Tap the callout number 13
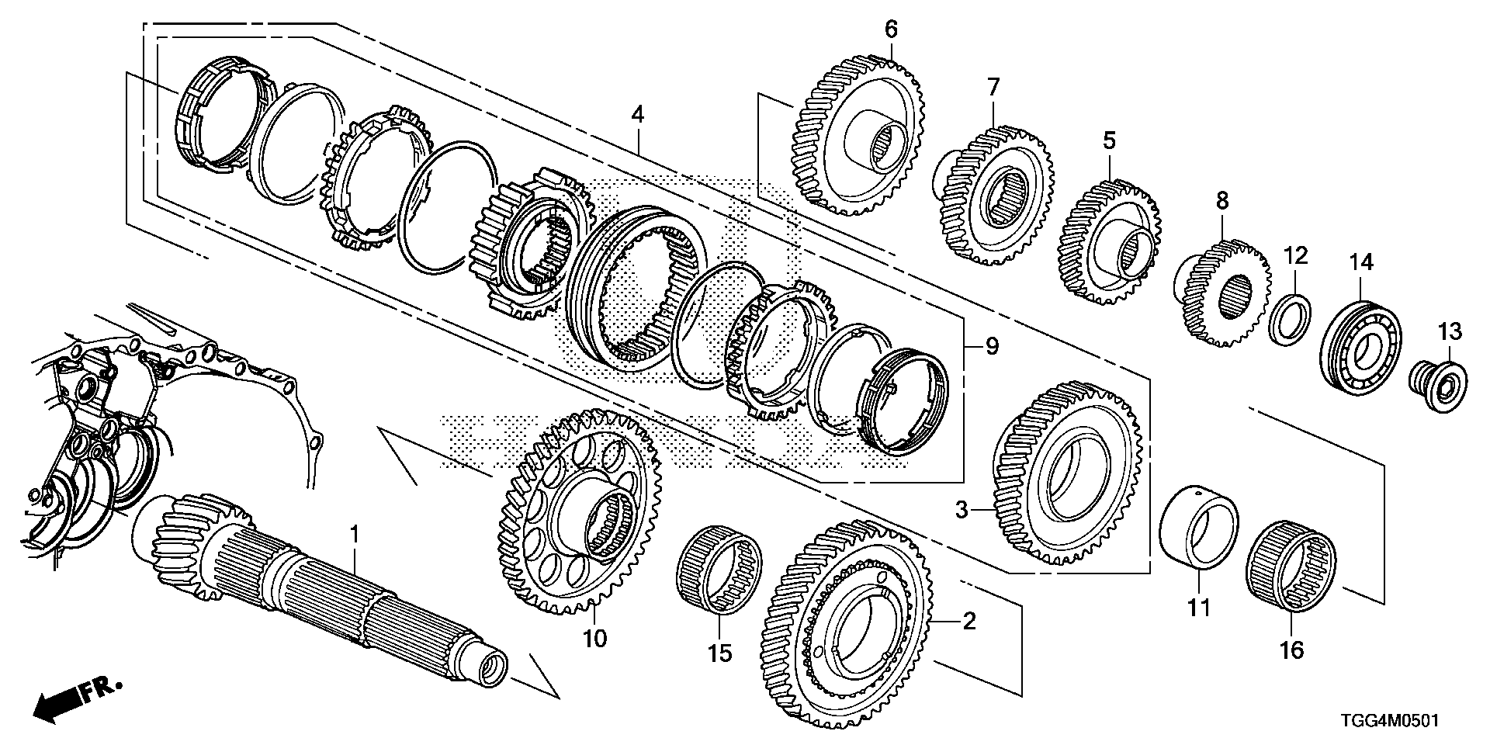click(x=1448, y=332)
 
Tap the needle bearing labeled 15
click(x=719, y=573)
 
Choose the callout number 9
click(x=992, y=347)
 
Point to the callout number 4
click(x=637, y=115)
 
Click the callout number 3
click(x=961, y=510)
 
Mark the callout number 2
click(x=969, y=621)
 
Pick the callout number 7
click(x=993, y=87)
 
